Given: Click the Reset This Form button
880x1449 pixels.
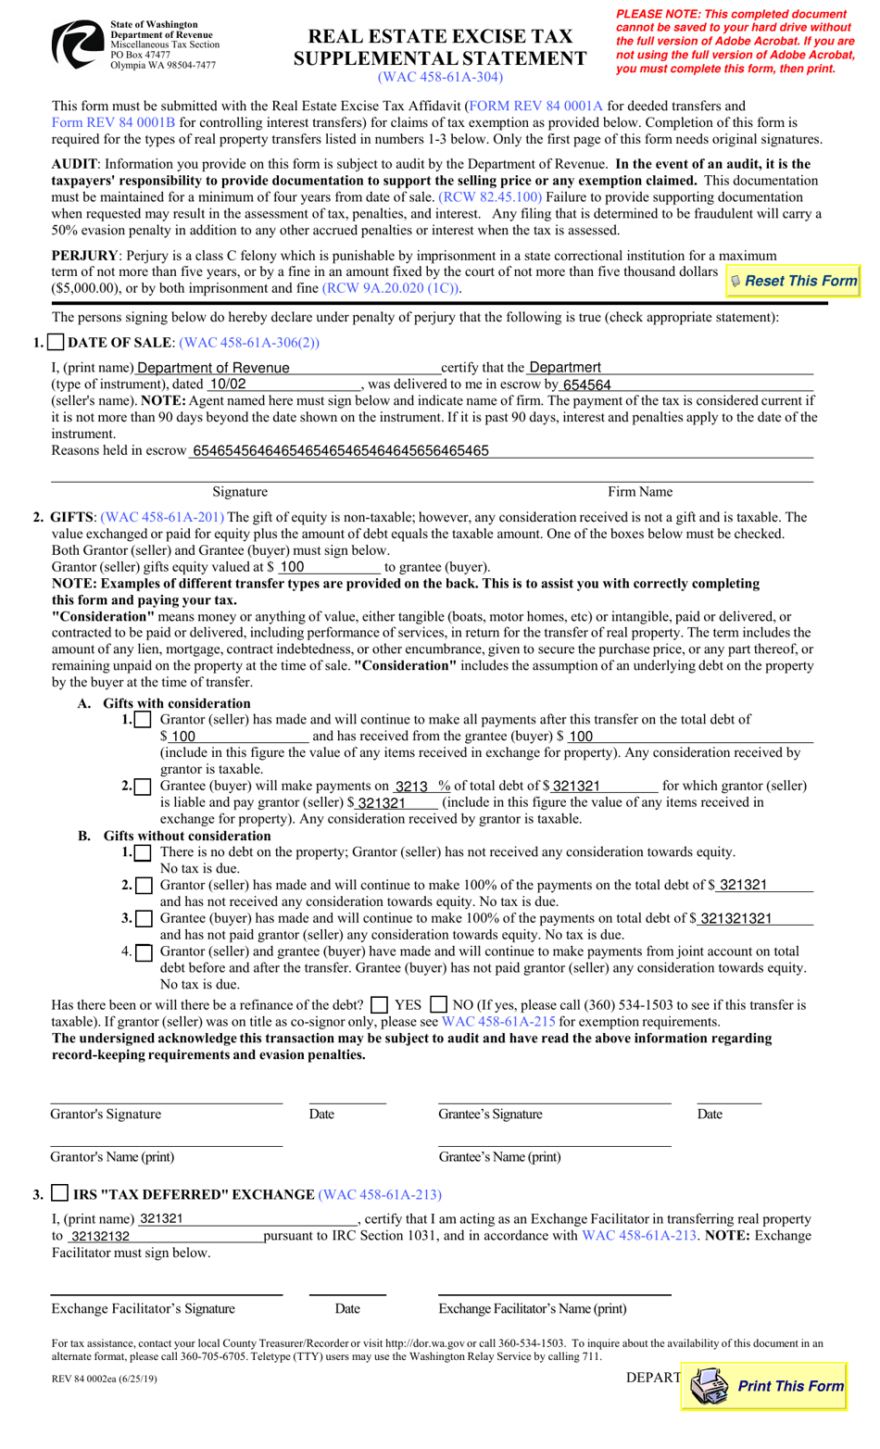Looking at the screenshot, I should tap(794, 281).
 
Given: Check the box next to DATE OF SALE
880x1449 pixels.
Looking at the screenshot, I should tap(57, 343).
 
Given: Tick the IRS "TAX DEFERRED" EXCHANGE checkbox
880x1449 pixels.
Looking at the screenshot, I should tap(60, 1193).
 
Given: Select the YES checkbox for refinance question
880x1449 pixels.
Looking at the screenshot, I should tap(379, 1005).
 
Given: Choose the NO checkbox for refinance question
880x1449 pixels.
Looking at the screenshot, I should tap(439, 1005).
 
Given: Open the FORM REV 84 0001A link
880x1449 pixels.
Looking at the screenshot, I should tap(535, 107).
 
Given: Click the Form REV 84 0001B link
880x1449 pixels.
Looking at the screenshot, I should tap(113, 123).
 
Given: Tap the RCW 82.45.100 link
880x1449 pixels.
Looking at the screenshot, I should tap(490, 197).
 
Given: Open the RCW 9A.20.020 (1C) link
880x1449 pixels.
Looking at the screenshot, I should tap(391, 288).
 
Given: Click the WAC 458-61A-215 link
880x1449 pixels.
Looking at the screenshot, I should tap(498, 1022).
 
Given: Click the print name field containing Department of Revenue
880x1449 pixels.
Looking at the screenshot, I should tap(287, 368).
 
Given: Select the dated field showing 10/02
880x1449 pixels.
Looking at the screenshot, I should tap(283, 384).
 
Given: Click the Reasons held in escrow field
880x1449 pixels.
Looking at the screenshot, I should tap(500, 451).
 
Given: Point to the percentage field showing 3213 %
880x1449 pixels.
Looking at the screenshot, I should tap(421, 786).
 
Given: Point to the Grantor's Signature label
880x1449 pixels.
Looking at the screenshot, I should tap(106, 1115).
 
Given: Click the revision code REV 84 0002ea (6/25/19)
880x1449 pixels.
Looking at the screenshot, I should tap(104, 1379).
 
